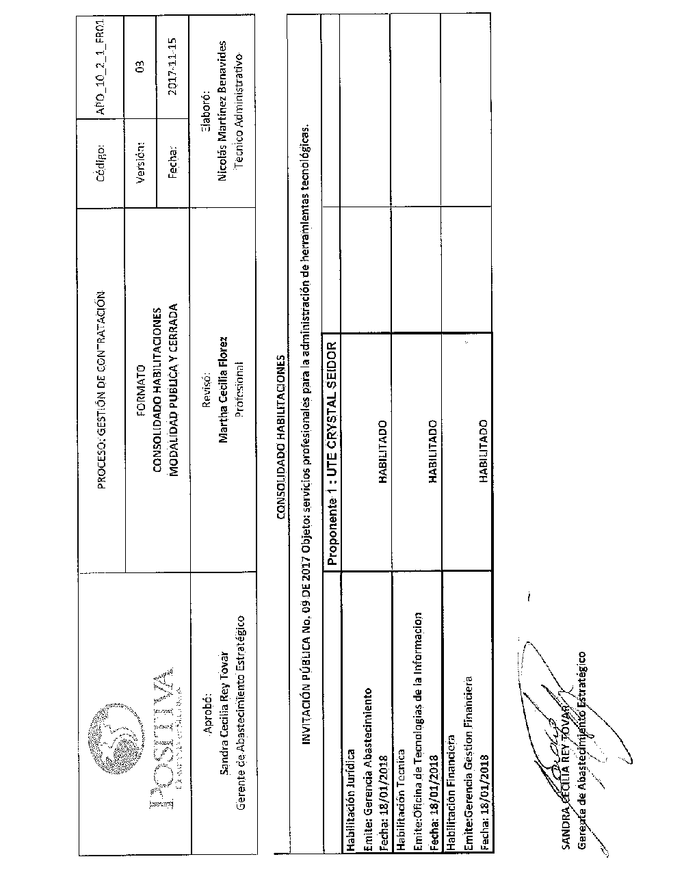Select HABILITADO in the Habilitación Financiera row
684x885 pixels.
483,451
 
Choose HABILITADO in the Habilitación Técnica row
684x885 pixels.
433,451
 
